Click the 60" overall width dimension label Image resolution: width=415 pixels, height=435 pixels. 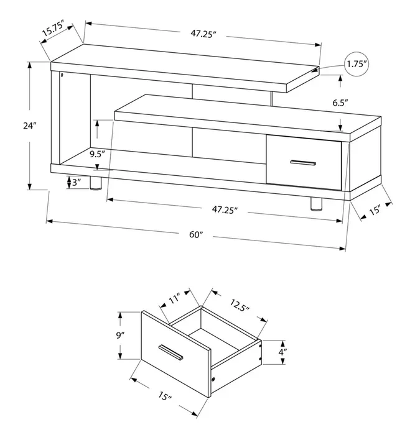pos(196,234)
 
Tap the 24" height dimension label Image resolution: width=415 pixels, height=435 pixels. pos(30,126)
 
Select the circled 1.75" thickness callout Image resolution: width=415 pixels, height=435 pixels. pos(357,64)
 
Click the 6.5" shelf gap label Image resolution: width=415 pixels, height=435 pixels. pos(340,103)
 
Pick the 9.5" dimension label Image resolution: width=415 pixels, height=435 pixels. pos(97,154)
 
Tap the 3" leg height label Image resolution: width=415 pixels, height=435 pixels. pos(77,182)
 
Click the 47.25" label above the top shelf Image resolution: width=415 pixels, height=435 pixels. pos(203,34)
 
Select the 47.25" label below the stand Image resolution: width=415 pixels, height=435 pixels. pos(225,209)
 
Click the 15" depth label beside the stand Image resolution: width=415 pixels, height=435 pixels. pos(375,210)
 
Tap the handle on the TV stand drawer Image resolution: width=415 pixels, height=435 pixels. pos(303,163)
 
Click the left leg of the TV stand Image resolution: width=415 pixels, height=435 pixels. pos(96,183)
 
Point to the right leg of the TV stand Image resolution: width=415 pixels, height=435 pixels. pos(316,204)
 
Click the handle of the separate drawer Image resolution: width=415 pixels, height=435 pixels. pos(170,353)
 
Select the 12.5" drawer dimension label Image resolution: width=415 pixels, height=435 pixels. pos(240,305)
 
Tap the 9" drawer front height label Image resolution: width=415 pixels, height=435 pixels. pos(119,336)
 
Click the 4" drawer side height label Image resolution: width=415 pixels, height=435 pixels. pos(282,352)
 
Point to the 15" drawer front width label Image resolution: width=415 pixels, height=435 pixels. pos(165,396)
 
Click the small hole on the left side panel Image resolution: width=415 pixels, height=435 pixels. pos(62,75)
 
